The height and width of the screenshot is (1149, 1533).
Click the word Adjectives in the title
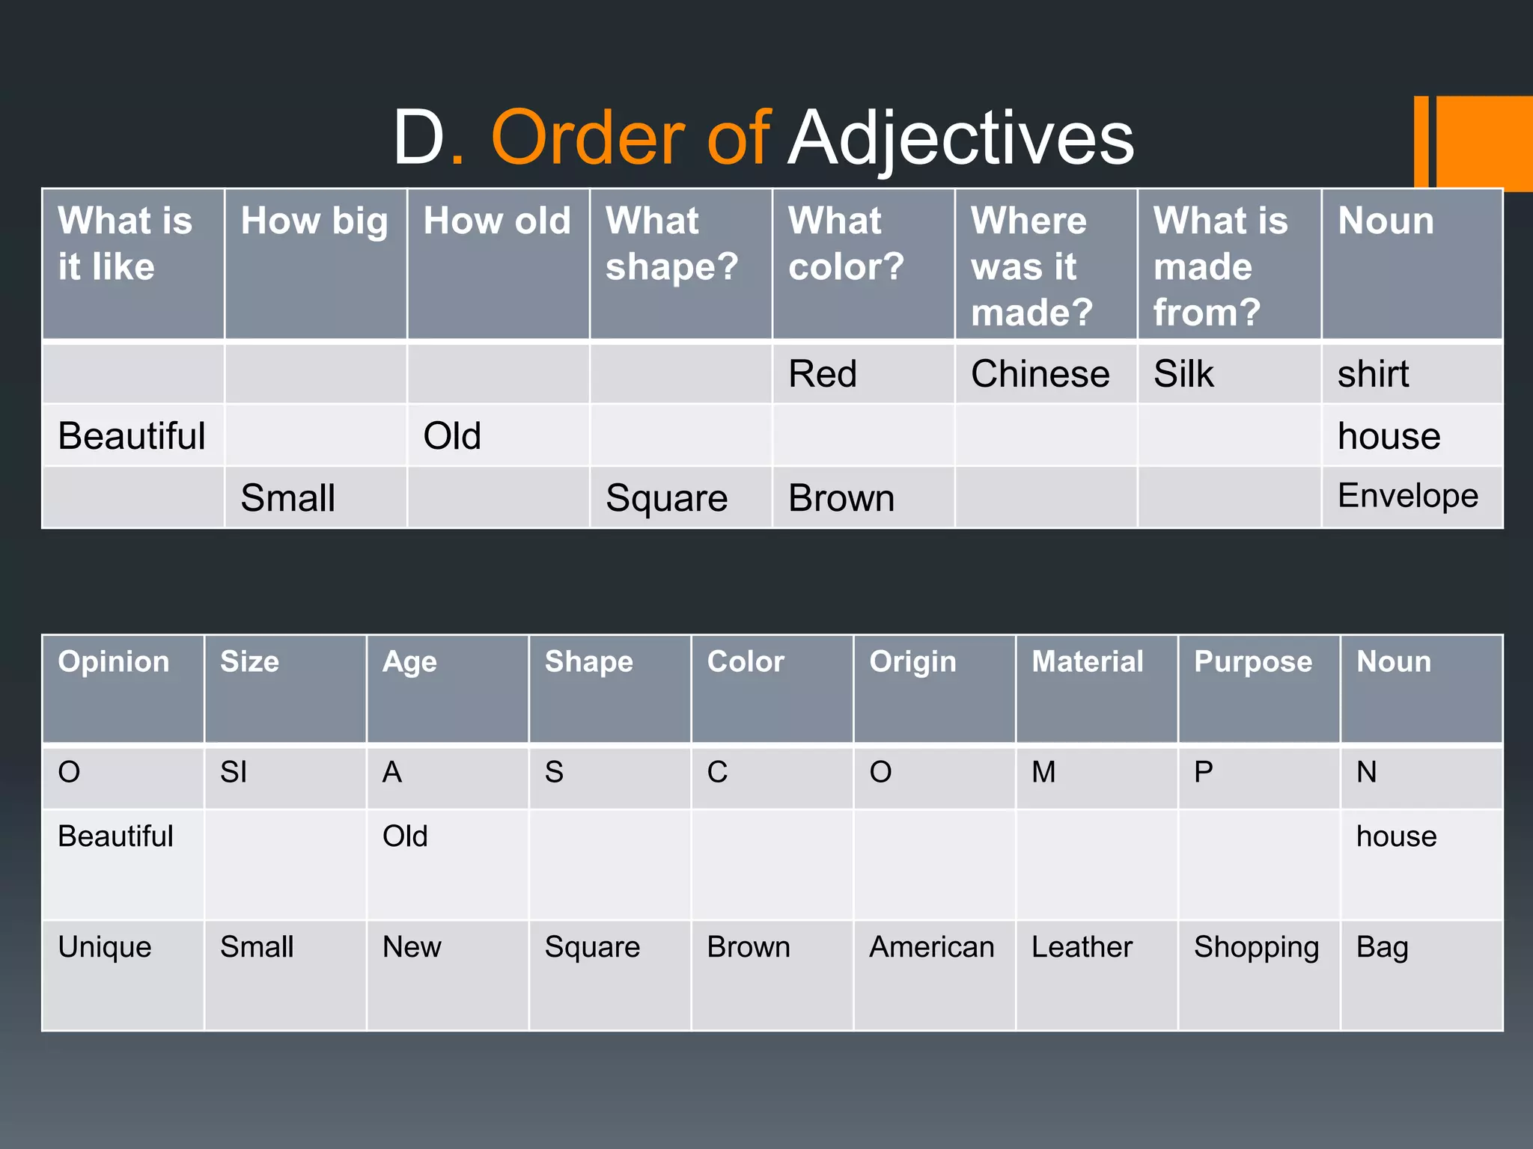(x=961, y=138)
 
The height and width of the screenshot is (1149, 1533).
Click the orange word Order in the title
(x=588, y=138)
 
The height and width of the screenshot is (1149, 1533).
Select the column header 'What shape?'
(x=671, y=244)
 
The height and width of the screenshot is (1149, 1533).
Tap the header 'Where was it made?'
(x=1031, y=266)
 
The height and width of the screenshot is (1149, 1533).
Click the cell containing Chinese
(x=1040, y=374)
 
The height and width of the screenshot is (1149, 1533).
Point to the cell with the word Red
(x=822, y=374)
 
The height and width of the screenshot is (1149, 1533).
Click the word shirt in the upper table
(x=1373, y=374)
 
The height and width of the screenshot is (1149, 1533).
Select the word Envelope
(x=1407, y=496)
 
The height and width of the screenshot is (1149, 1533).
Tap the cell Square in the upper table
(x=666, y=498)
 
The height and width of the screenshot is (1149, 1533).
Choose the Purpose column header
(x=1253, y=662)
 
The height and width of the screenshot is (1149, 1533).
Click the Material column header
(x=1087, y=662)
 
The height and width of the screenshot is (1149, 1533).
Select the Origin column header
(x=912, y=662)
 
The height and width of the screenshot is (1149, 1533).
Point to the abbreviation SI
(x=234, y=772)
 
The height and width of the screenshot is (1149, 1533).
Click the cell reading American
(x=931, y=947)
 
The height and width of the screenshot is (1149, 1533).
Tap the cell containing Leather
(x=1082, y=947)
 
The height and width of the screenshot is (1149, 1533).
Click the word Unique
(x=105, y=947)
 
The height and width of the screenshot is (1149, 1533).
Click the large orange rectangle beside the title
(x=1484, y=142)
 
